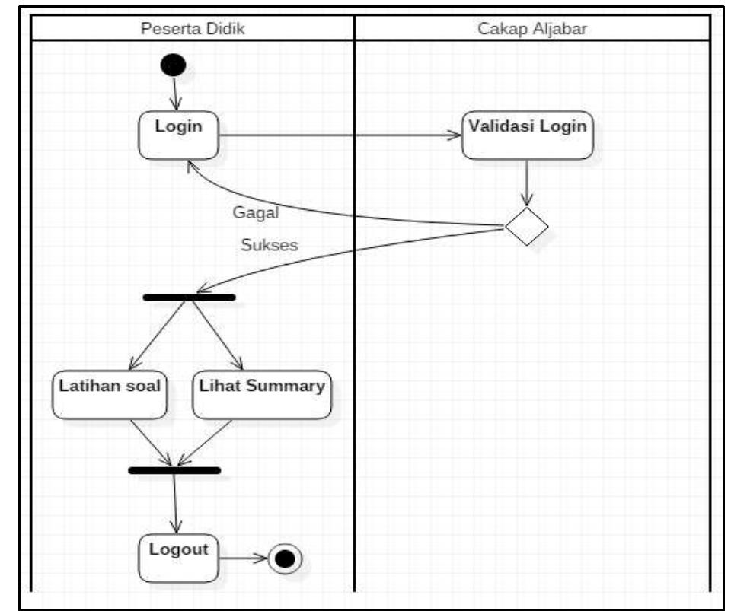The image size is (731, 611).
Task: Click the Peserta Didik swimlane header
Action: [x=193, y=29]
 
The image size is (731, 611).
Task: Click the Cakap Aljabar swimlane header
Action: [x=531, y=29]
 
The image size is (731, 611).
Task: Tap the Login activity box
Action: [x=179, y=135]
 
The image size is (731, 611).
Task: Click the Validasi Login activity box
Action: [x=527, y=135]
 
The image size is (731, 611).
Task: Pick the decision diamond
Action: [x=526, y=227]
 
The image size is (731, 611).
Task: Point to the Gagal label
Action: [x=256, y=213]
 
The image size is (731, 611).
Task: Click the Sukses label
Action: [x=269, y=246]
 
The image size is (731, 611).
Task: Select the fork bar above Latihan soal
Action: [x=189, y=297]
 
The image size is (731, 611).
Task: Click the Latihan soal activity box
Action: [x=110, y=394]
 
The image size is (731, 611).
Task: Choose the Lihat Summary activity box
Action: [x=262, y=394]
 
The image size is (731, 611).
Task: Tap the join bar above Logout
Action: [x=174, y=470]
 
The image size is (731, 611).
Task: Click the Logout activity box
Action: [x=179, y=558]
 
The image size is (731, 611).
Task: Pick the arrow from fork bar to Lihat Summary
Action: [x=217, y=335]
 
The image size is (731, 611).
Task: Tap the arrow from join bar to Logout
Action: [x=176, y=502]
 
